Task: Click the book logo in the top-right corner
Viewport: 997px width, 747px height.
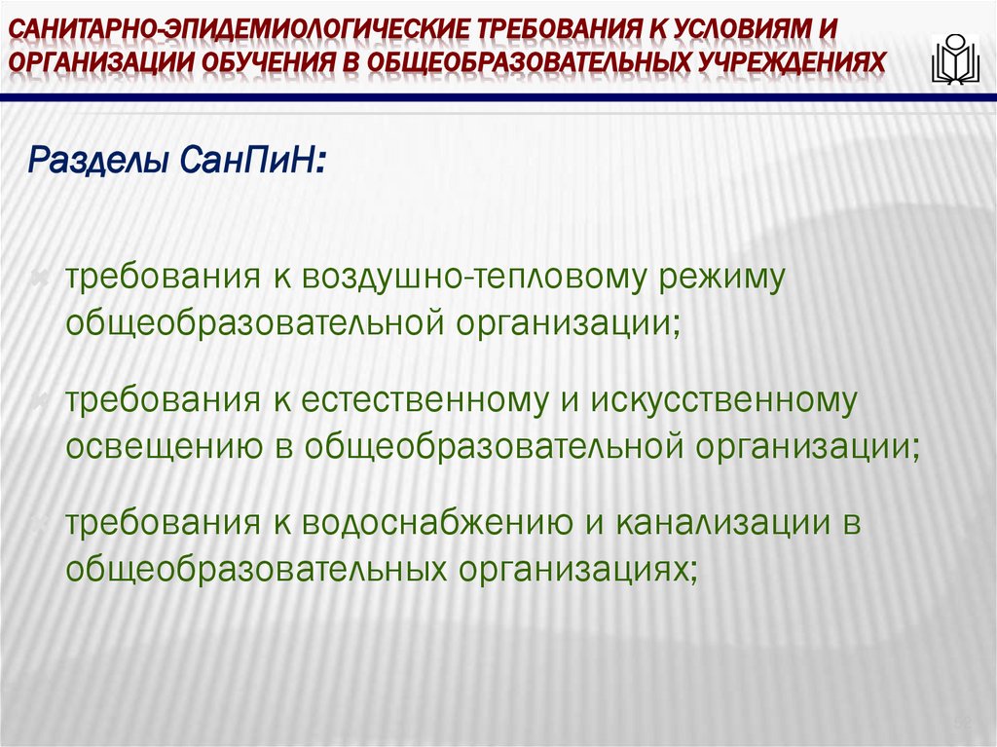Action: (956, 59)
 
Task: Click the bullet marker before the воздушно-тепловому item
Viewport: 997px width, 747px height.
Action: (41, 280)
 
